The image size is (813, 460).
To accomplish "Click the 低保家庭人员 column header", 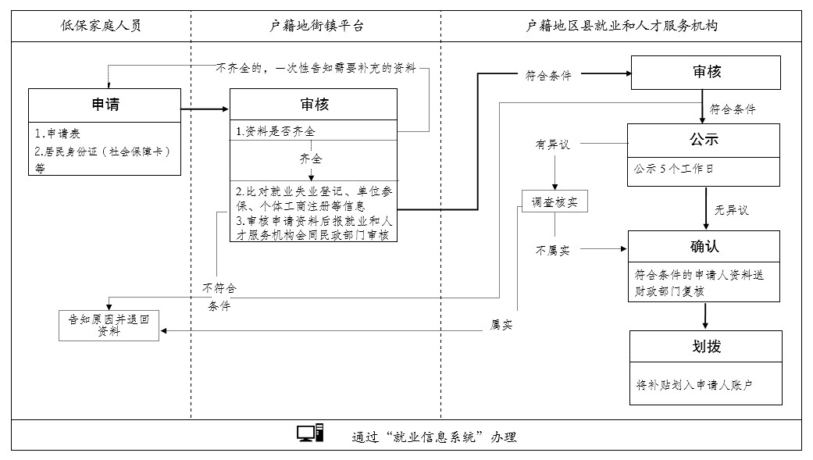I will click(x=102, y=26).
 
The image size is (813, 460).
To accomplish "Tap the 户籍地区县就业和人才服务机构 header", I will click(x=622, y=26).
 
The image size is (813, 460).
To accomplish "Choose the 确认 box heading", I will click(x=704, y=247).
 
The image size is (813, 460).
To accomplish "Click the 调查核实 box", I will click(x=554, y=202).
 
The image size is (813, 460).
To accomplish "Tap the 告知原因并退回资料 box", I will click(x=109, y=325).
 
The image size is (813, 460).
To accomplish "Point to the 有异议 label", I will click(x=553, y=144).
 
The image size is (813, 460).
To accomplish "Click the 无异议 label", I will click(x=731, y=210).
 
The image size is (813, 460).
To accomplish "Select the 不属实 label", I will click(x=553, y=251).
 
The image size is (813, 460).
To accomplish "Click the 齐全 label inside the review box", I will click(x=311, y=159).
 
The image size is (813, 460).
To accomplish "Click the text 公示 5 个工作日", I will click(x=672, y=168).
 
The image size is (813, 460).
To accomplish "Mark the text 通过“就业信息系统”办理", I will click(x=434, y=437).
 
